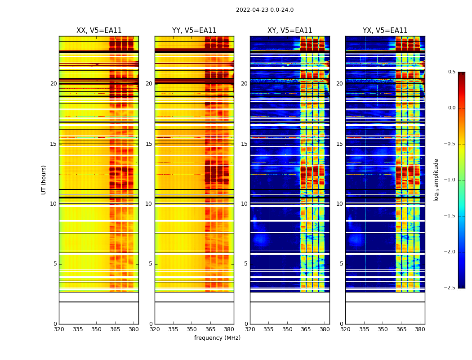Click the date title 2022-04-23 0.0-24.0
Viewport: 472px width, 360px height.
point(265,10)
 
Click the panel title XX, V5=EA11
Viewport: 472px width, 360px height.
point(99,31)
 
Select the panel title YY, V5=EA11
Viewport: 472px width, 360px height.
point(194,31)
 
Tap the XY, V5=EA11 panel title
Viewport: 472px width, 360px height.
point(289,31)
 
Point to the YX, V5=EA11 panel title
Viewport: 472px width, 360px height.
point(385,31)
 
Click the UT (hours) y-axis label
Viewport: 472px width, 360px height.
point(44,180)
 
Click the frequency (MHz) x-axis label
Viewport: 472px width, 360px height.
point(217,338)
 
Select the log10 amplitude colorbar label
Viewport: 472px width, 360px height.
point(436,180)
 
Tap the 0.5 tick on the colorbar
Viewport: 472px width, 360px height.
point(451,72)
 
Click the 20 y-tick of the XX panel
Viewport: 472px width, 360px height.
point(53,84)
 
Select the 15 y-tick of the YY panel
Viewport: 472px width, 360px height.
point(149,144)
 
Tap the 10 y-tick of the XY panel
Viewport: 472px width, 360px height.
point(244,204)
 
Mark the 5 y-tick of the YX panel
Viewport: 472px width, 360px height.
point(341,264)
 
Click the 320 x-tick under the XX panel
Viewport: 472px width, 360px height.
point(59,329)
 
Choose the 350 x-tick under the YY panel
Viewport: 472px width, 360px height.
point(192,329)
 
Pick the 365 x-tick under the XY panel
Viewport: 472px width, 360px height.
point(306,329)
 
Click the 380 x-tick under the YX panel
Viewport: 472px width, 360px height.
point(420,329)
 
